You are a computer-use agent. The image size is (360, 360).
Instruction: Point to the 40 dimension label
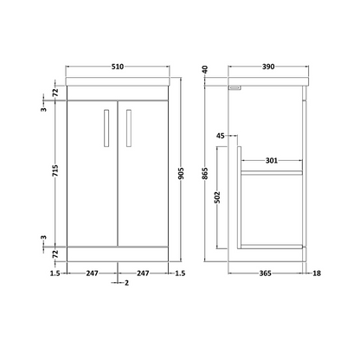tap(205, 69)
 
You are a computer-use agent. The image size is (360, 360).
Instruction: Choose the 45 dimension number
tap(222, 135)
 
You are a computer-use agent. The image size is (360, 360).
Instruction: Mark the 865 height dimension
tap(205, 173)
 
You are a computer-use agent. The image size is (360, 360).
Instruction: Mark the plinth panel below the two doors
tap(117, 252)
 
